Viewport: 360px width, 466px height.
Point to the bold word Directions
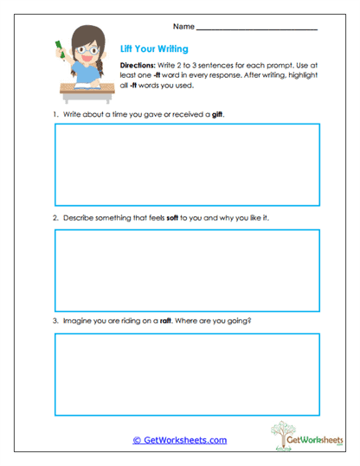[x=136, y=66]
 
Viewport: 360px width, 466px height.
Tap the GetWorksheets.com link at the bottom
[x=180, y=440]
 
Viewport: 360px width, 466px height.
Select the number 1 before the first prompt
[x=55, y=114]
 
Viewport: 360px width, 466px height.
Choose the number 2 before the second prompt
[x=55, y=218]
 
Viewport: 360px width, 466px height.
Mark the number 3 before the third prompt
[x=55, y=322]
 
